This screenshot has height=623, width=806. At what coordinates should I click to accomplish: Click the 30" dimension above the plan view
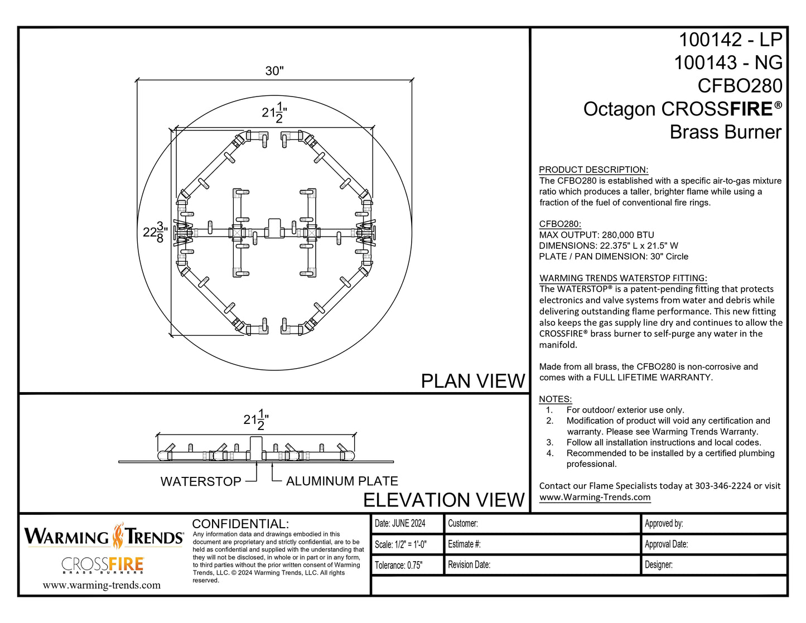pos(274,71)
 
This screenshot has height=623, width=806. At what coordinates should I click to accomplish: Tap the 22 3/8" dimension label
pos(155,232)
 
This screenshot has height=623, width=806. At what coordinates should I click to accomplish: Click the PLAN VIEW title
pos(472,381)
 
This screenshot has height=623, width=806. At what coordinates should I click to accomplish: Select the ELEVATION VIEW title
pos(444,500)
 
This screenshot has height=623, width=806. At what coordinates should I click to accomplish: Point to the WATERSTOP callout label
pos(201,482)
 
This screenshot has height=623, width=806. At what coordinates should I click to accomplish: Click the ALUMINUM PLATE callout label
pos(342,481)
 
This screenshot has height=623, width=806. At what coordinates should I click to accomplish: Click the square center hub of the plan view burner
pos(274,228)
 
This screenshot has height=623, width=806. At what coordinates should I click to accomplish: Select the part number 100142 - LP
pos(730,40)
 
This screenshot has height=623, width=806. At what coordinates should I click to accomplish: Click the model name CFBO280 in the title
pos(740,86)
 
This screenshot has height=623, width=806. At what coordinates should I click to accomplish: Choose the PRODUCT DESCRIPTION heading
pos(593,170)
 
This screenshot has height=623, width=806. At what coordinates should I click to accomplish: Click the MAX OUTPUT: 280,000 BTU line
pos(596,235)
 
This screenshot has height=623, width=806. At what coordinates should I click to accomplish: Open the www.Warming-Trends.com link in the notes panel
pos(595,497)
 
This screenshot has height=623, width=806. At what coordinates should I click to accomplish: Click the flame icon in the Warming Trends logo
pos(118,536)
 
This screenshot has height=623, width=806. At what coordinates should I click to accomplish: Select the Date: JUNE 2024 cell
pos(400,523)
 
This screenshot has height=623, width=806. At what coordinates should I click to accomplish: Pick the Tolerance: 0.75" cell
pos(399,565)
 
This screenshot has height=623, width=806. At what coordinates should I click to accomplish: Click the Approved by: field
pos(664,523)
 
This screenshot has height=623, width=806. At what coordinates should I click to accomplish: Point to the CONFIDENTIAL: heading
pos(240,524)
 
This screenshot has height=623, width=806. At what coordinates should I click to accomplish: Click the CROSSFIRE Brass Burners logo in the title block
pos(103,565)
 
